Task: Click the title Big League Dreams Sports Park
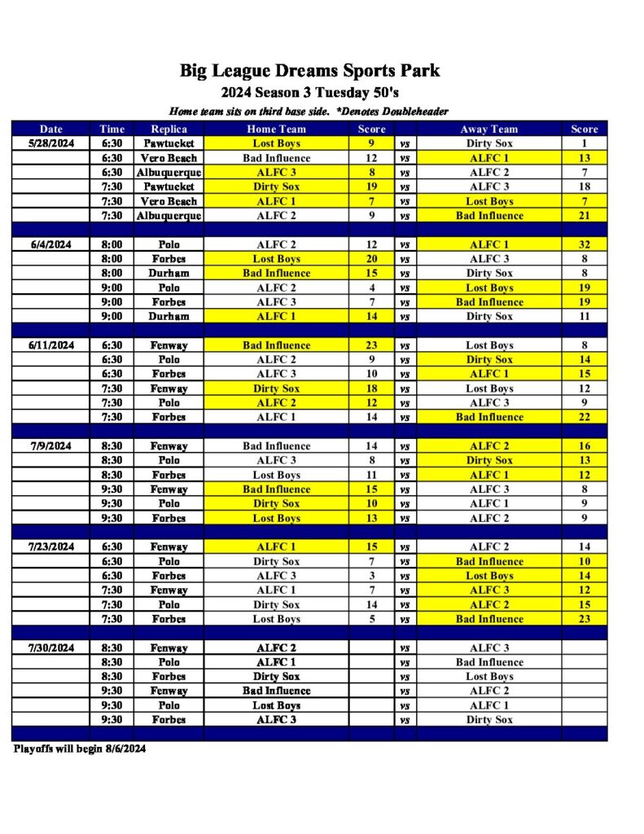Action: coord(309,71)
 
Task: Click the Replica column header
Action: coord(169,129)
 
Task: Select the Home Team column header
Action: coord(276,129)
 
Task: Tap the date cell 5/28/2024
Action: coord(50,143)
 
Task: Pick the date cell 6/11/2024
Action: coord(50,345)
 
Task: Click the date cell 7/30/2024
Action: coord(50,648)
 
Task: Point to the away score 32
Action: coord(584,244)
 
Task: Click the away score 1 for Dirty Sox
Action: coord(584,143)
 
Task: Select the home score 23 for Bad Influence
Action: coord(371,345)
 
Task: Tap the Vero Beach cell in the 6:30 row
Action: coord(169,158)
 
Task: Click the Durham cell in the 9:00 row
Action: coord(169,316)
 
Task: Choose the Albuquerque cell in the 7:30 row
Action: coord(169,216)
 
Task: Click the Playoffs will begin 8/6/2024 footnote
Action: coord(80,748)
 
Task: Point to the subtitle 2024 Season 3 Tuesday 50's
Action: coord(309,92)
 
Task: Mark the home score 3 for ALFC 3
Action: coord(371,576)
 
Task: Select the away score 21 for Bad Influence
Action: coord(584,216)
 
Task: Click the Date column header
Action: coord(50,129)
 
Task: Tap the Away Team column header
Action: coord(489,129)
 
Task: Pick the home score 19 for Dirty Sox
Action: coord(371,187)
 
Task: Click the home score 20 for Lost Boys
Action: coord(371,259)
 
